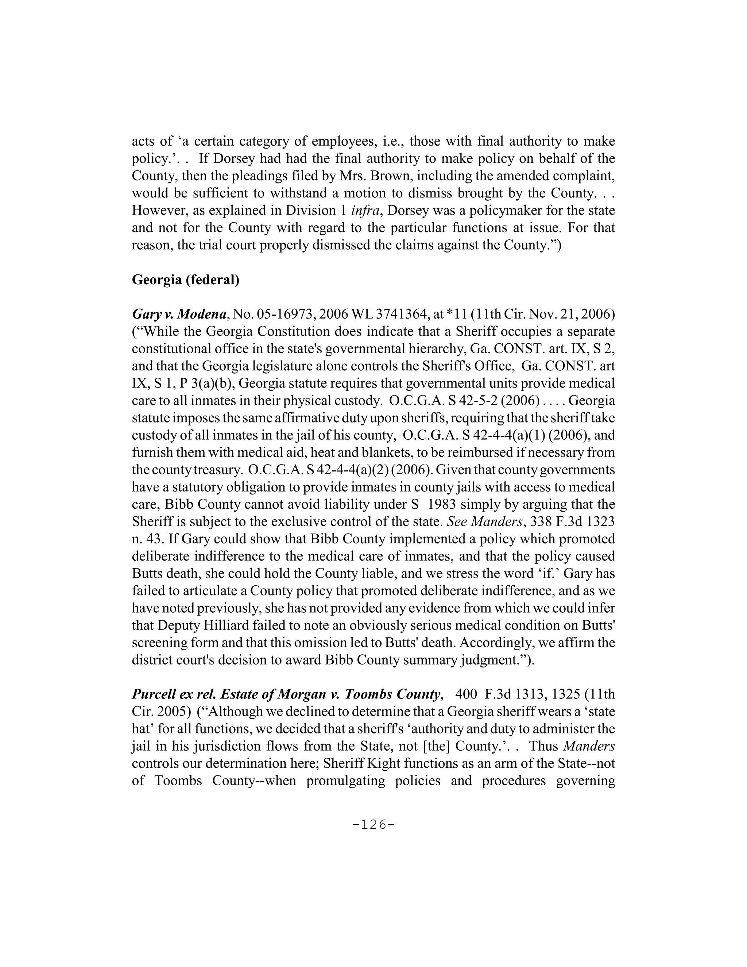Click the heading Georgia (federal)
click(x=185, y=280)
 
